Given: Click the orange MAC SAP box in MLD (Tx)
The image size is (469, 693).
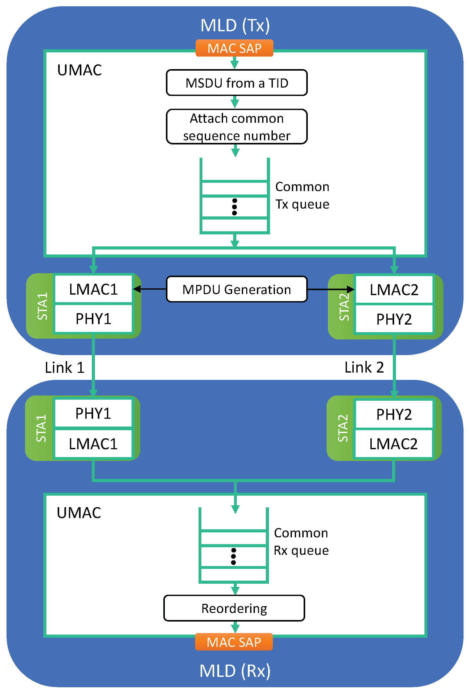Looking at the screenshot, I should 234,48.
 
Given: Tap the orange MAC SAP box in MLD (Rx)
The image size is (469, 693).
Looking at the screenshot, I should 234,642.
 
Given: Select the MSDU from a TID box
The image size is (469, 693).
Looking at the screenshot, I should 237,83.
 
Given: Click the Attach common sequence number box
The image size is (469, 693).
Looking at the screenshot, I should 237,127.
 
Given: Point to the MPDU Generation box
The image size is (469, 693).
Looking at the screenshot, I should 237,289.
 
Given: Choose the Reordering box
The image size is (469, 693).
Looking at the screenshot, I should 234,608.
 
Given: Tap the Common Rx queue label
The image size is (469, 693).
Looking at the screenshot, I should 301,542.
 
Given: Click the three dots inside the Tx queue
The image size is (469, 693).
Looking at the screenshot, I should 234,207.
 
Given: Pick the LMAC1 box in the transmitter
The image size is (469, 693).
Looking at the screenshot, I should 93,289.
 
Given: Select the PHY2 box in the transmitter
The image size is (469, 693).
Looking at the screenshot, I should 394,319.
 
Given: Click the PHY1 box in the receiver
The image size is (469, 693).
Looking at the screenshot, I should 93,413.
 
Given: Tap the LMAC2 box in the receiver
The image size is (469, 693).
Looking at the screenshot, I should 393,444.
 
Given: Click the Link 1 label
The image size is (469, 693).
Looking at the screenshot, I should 64,367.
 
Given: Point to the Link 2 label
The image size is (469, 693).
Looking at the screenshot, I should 364,367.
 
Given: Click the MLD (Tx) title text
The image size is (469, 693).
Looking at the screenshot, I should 235,25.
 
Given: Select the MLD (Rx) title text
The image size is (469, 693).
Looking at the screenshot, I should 235,671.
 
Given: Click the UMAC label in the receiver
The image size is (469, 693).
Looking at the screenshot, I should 79,513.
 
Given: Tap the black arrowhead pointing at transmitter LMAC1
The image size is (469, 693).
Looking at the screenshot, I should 137,289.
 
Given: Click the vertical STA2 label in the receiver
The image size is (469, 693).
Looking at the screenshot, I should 342,428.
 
